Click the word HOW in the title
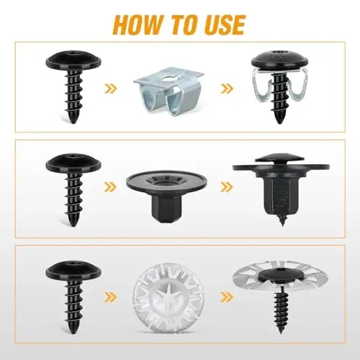tap(138, 25)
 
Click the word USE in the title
tap(222, 25)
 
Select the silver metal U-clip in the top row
tap(168, 91)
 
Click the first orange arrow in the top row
tap(111, 89)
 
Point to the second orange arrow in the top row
tap(227, 89)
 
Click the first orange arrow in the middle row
tap(110, 186)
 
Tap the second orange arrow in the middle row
tap(227, 187)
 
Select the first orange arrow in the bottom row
tap(110, 297)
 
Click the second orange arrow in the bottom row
tap(227, 297)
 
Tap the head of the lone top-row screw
tap(73, 60)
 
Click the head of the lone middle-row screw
tap(73, 163)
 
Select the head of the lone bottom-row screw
tap(73, 271)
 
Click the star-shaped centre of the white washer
tap(167, 297)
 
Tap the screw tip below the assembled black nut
tap(282, 221)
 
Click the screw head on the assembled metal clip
tap(279, 60)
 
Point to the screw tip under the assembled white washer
tap(281, 330)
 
